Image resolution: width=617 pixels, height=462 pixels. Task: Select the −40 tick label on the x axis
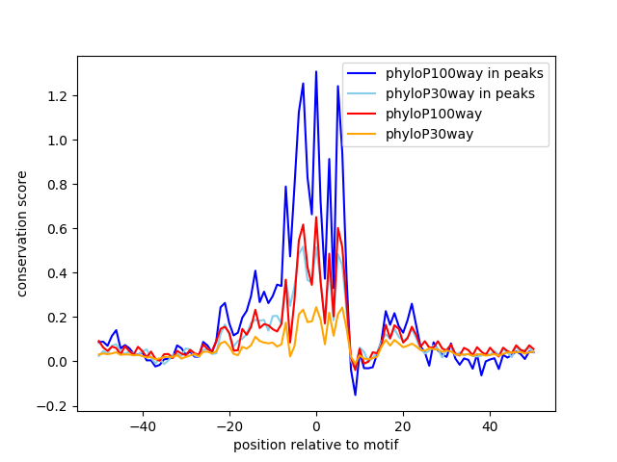[x=142, y=425]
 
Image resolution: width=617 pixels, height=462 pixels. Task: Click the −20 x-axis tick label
[x=228, y=425]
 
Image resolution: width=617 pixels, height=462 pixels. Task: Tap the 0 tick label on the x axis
[x=316, y=425]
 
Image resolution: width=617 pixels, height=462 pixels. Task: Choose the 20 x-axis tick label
[x=403, y=425]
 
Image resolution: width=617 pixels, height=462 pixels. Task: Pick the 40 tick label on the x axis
[x=490, y=425]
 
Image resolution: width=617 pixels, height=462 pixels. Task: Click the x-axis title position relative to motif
[x=315, y=445]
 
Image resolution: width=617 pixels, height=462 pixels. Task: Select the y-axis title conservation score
[x=22, y=234]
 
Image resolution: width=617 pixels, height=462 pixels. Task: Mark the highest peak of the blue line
[x=316, y=71]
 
